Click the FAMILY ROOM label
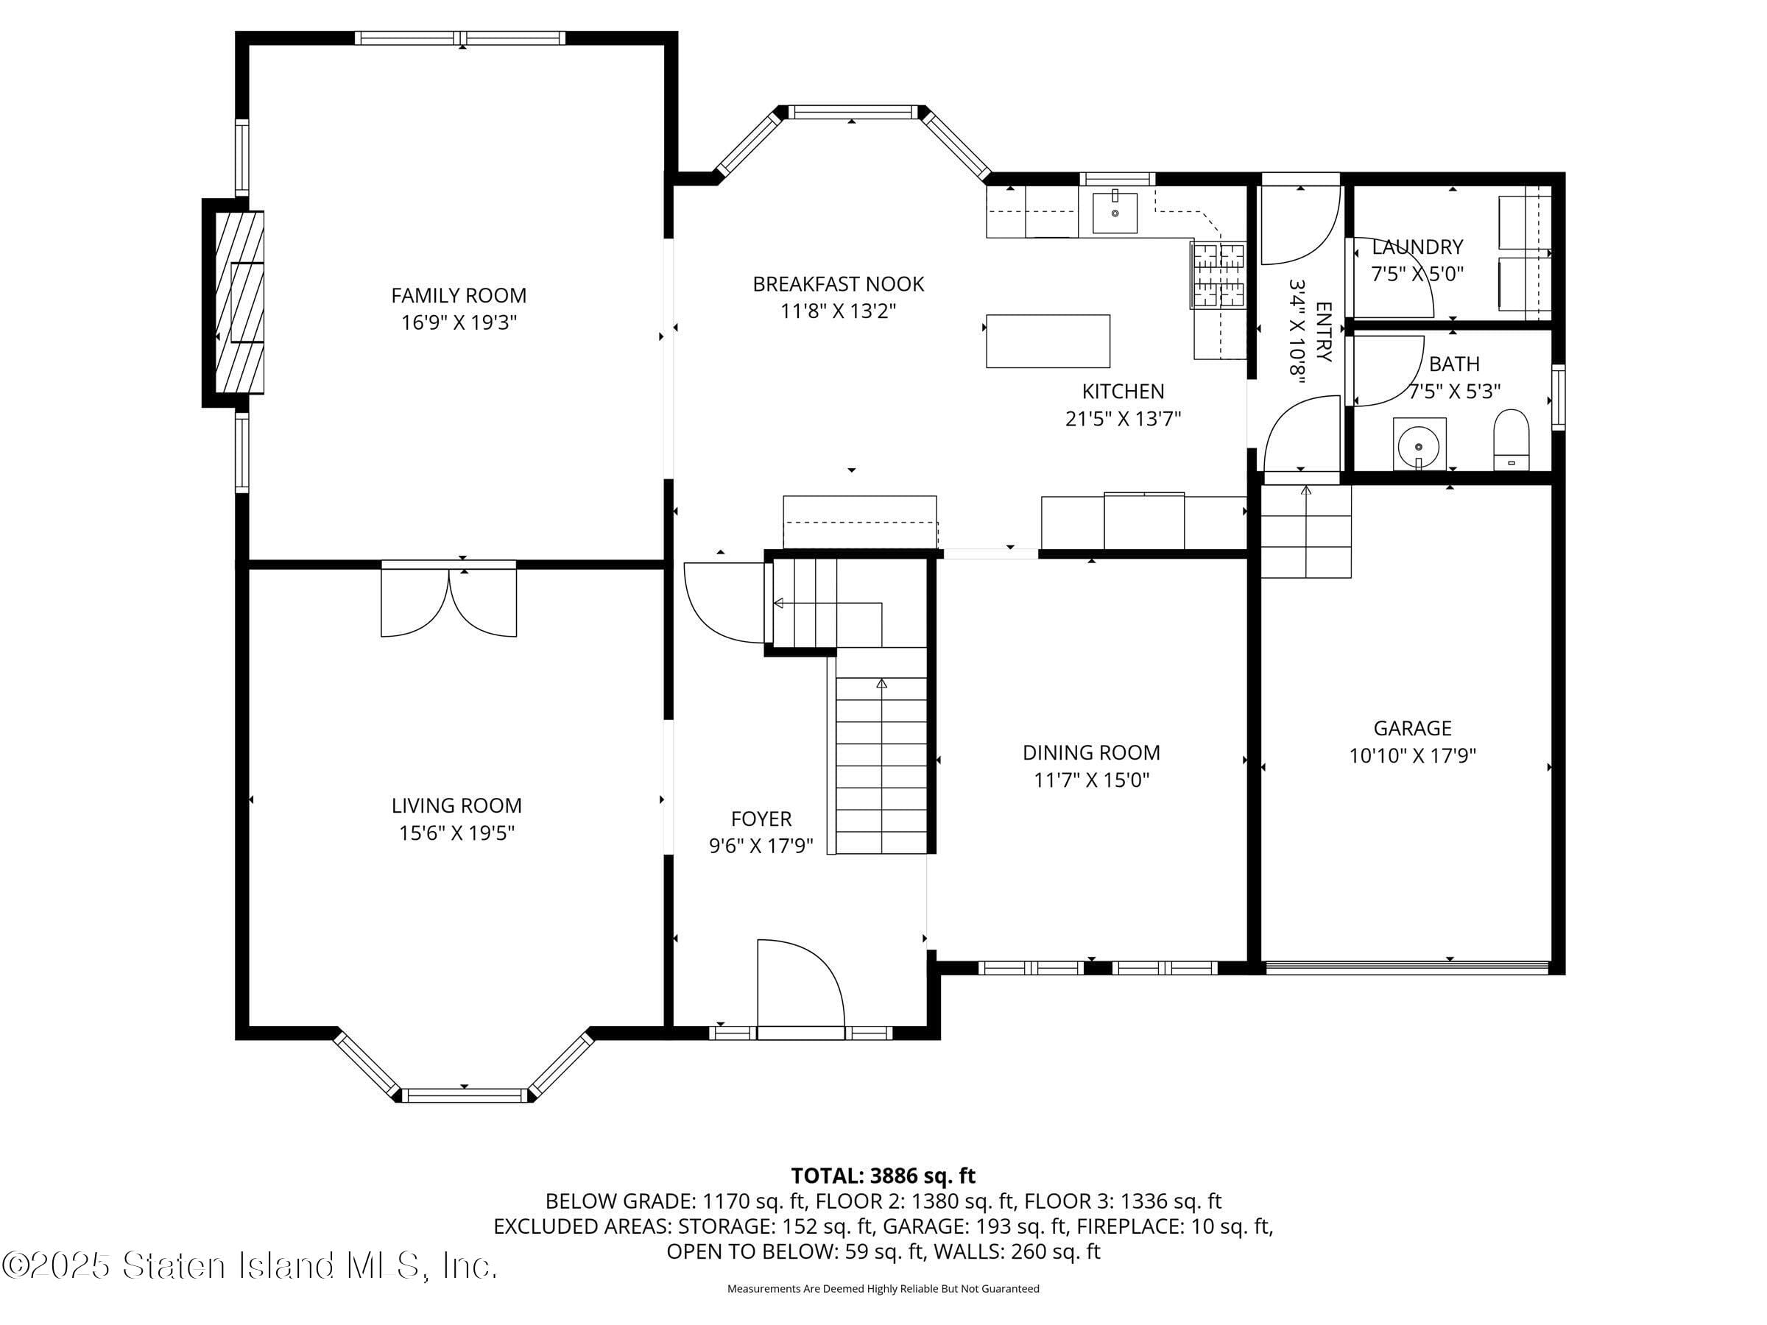(459, 295)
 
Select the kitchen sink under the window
(1115, 213)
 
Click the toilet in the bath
(1511, 439)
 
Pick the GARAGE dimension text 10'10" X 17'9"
(1412, 755)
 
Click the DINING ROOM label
(1091, 752)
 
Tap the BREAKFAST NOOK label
(838, 284)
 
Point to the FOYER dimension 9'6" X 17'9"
(761, 846)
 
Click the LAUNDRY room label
(1417, 247)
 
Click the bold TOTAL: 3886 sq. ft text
(883, 1176)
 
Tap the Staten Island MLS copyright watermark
(250, 1266)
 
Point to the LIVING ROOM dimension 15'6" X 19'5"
(456, 833)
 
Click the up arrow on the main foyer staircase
(882, 684)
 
